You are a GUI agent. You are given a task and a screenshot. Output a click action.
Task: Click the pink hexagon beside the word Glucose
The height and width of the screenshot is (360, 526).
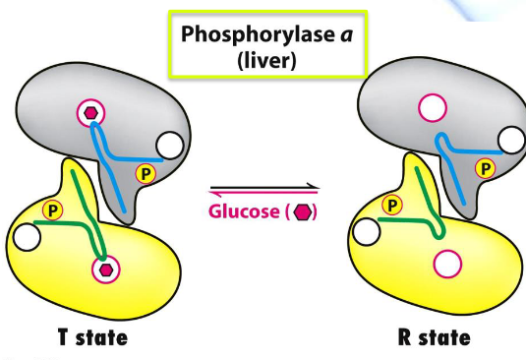pos(306,211)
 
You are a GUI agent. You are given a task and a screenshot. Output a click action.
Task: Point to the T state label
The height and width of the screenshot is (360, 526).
pos(85,338)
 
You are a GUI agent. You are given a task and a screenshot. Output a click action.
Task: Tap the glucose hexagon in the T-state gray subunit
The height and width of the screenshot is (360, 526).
pos(92,113)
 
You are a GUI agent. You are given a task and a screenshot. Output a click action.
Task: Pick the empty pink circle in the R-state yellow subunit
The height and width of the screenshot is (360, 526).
pos(447,263)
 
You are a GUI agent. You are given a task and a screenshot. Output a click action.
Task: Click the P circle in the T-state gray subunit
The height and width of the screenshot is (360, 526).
pos(146,174)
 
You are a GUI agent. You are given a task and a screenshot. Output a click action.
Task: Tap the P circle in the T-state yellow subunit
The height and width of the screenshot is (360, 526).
pos(52,210)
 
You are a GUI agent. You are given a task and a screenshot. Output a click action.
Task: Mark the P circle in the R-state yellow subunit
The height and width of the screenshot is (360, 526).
pos(391,205)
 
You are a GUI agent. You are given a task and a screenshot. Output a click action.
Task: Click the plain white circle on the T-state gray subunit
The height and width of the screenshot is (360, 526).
pos(171,147)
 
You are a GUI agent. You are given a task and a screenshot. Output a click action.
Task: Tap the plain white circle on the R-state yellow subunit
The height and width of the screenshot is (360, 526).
pos(366,233)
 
